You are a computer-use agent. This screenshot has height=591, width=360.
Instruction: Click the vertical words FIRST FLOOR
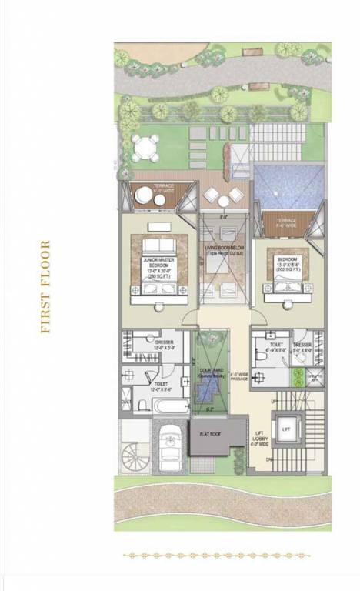[x=45, y=287]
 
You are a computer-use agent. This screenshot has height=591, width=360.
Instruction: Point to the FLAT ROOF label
[x=210, y=434]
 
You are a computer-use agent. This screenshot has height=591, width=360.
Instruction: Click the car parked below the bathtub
[x=170, y=447]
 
